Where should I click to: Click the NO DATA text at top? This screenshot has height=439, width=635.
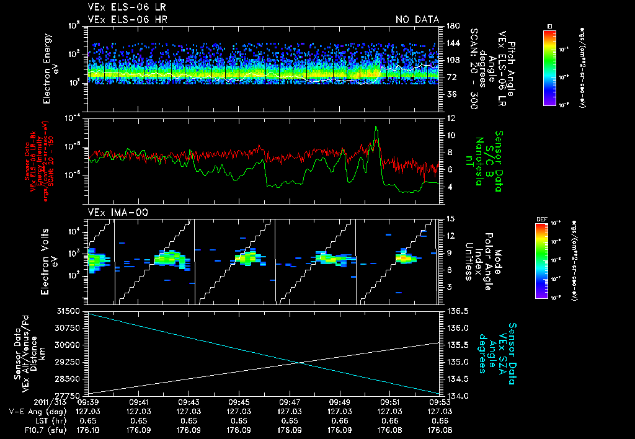(417, 19)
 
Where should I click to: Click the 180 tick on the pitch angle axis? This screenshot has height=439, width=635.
(451, 26)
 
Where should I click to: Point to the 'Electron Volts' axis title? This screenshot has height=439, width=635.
(47, 257)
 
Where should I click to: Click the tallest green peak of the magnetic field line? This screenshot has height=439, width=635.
(376, 127)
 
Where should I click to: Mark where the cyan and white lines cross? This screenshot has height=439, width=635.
(300, 363)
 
